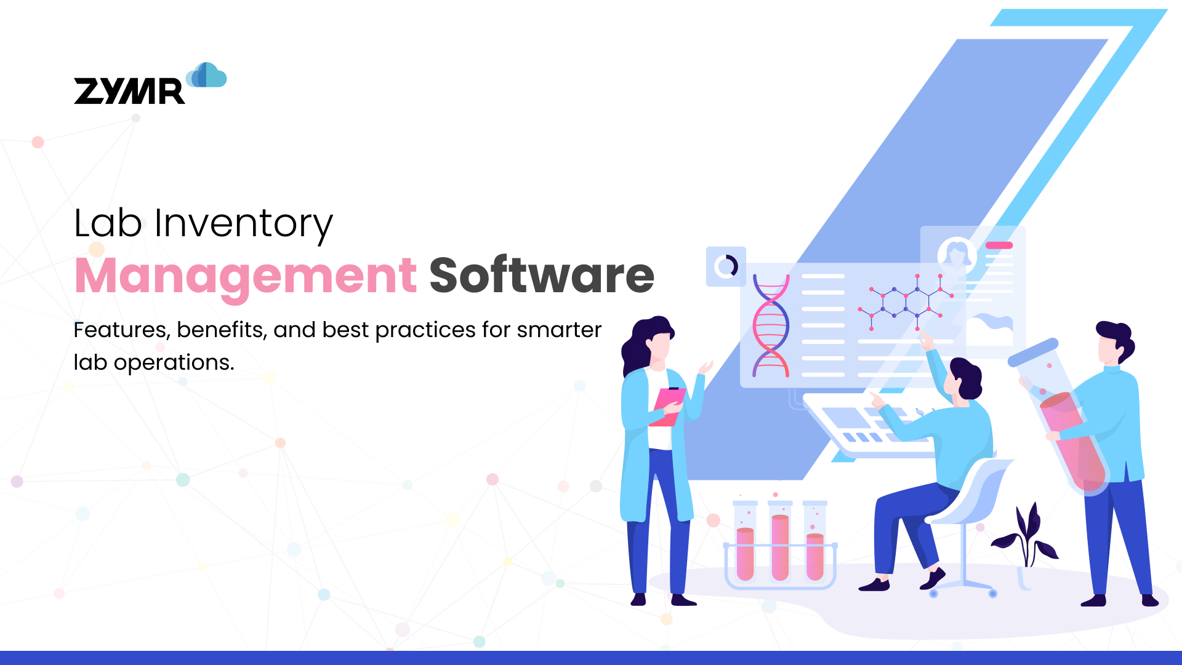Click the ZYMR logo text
click(x=129, y=91)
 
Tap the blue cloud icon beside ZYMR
click(x=207, y=76)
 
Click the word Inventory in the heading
click(x=243, y=223)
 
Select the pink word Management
click(x=246, y=276)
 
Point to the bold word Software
click(x=541, y=276)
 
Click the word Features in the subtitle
click(x=120, y=330)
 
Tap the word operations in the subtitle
click(x=174, y=362)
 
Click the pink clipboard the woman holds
click(x=667, y=406)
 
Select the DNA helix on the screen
click(x=771, y=326)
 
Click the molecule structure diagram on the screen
click(x=905, y=301)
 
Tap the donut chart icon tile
click(x=726, y=266)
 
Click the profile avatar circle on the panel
click(x=957, y=253)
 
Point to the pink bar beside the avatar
click(x=999, y=245)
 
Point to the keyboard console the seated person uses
click(x=862, y=424)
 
